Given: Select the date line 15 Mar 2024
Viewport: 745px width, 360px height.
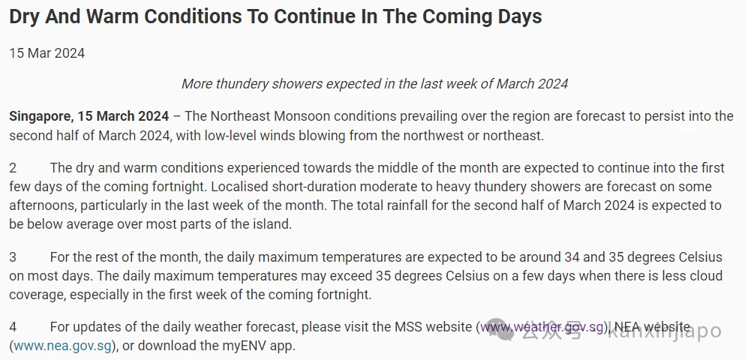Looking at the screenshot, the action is click(47, 53).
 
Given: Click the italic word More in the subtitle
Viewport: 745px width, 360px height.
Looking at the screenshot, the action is click(197, 84).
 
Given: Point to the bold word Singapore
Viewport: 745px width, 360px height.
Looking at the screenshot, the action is click(41, 117).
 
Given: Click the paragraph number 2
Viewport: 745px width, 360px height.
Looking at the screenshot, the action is click(13, 168).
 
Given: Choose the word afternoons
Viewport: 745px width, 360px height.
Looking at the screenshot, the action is click(43, 205).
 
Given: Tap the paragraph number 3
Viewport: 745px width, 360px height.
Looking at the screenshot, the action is click(13, 257).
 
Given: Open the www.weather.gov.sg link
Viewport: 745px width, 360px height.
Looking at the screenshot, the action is click(542, 327).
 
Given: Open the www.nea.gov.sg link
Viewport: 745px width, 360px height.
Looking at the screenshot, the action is click(63, 346).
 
